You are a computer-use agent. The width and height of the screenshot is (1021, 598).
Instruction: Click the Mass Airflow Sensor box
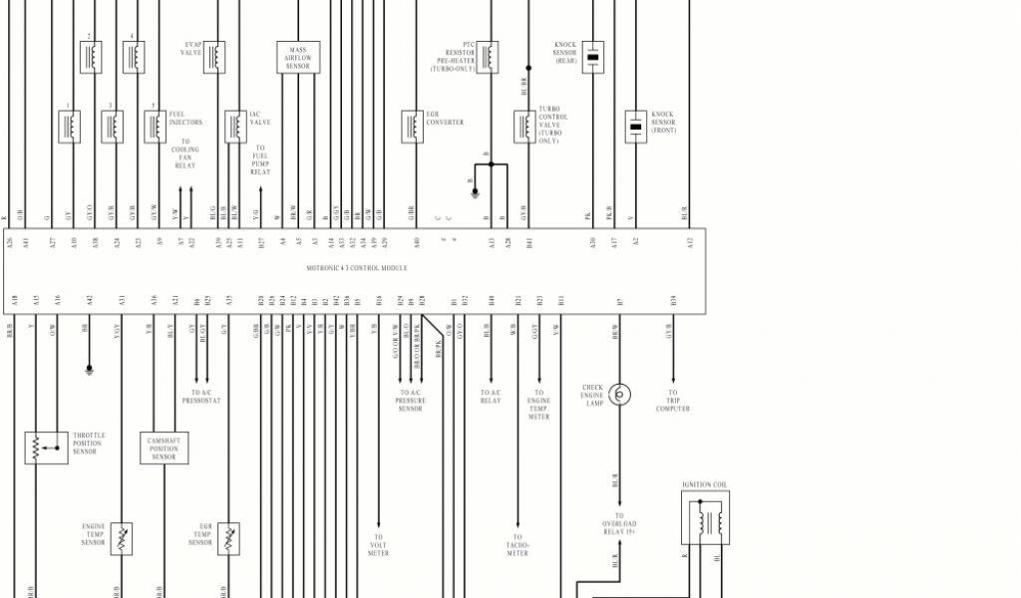[298, 57]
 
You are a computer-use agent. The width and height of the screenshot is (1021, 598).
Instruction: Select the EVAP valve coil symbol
[213, 57]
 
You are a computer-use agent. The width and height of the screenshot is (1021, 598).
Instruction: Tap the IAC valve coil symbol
[234, 126]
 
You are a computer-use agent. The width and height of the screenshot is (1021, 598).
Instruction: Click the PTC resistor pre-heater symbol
[488, 57]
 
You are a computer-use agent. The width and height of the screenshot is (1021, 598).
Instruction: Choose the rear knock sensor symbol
[593, 57]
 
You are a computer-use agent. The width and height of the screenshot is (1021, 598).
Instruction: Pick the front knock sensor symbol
[636, 127]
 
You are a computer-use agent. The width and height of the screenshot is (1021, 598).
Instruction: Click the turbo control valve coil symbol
[524, 127]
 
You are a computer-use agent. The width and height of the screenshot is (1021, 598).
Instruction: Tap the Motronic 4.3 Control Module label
[356, 267]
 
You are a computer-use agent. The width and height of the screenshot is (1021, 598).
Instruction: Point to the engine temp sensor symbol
[122, 539]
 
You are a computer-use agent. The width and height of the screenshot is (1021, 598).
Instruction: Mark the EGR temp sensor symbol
[228, 539]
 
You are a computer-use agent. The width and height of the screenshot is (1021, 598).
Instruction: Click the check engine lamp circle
[619, 394]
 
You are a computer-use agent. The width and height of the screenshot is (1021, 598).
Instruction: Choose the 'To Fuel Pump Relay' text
[260, 160]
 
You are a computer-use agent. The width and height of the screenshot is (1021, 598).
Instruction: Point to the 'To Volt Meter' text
[378, 546]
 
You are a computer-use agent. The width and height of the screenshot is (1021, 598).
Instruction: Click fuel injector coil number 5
[155, 126]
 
